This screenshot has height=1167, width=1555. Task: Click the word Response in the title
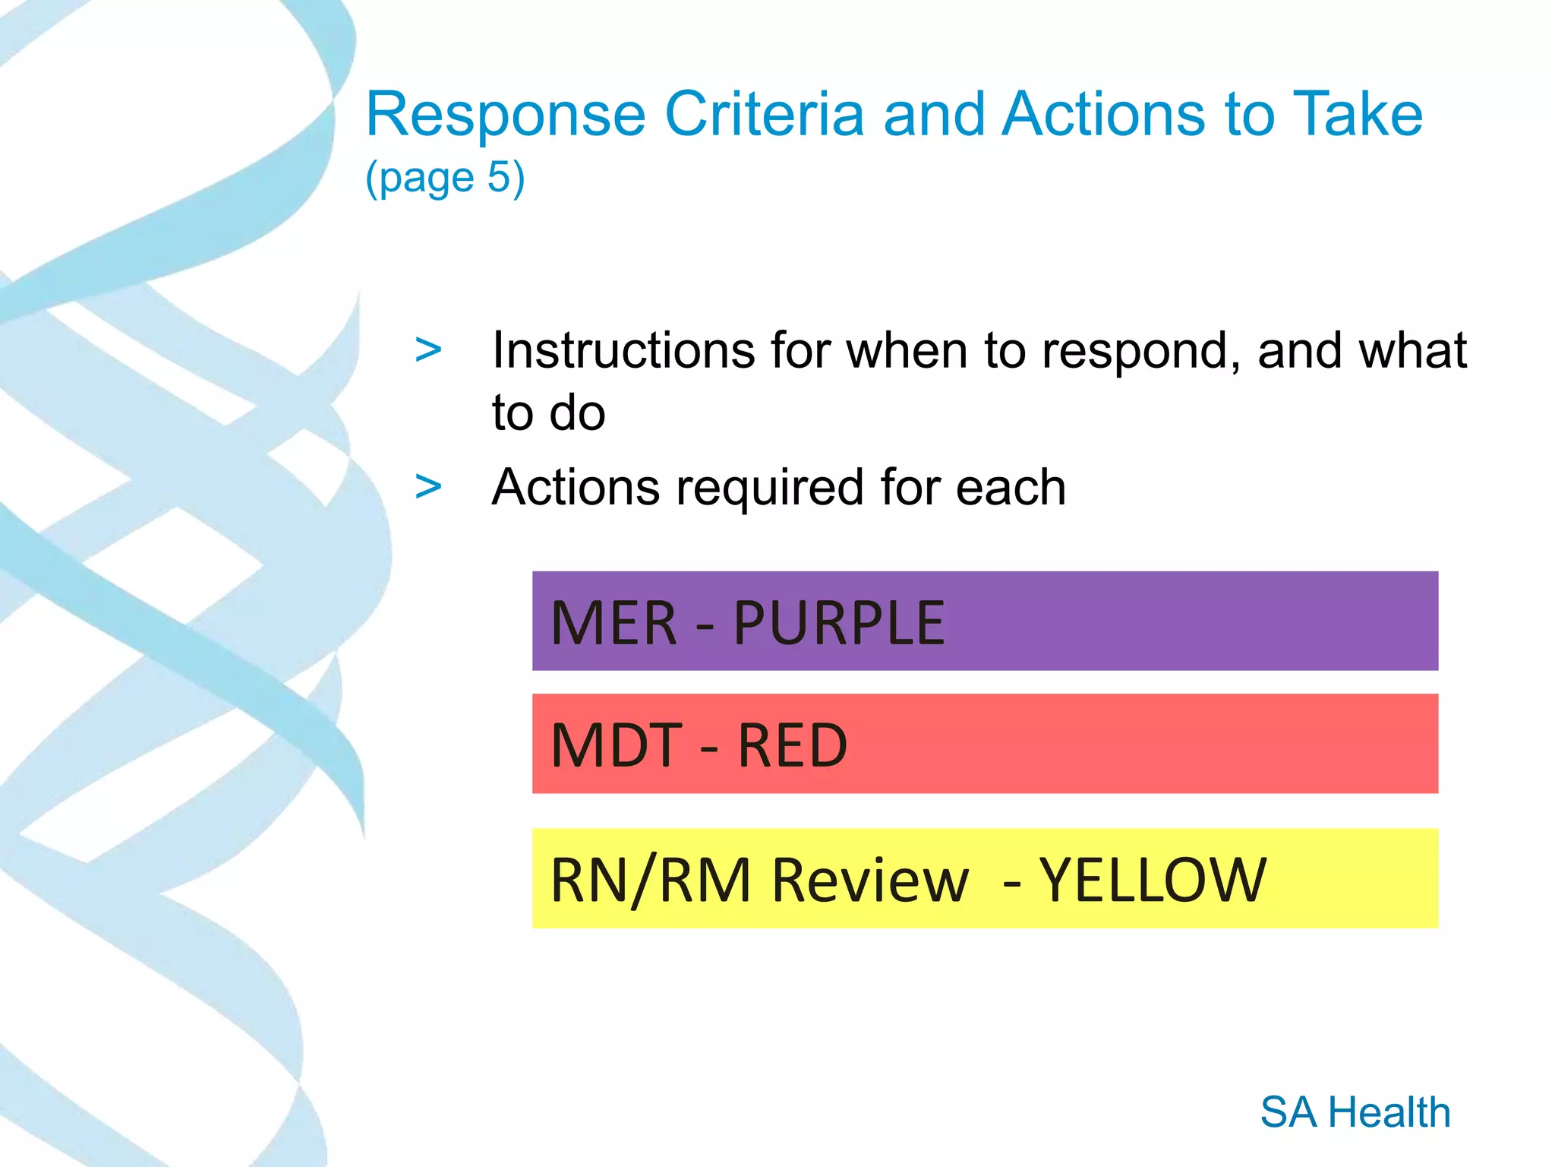click(505, 115)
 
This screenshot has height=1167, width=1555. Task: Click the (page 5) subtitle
click(445, 178)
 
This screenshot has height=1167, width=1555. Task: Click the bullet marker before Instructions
click(428, 350)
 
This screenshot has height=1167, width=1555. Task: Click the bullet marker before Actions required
click(428, 487)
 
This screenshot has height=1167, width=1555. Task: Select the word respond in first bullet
click(1140, 352)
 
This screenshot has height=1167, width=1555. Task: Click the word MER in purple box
click(613, 623)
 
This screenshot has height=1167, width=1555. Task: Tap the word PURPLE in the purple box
click(838, 623)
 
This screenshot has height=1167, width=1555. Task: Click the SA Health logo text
click(1355, 1112)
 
